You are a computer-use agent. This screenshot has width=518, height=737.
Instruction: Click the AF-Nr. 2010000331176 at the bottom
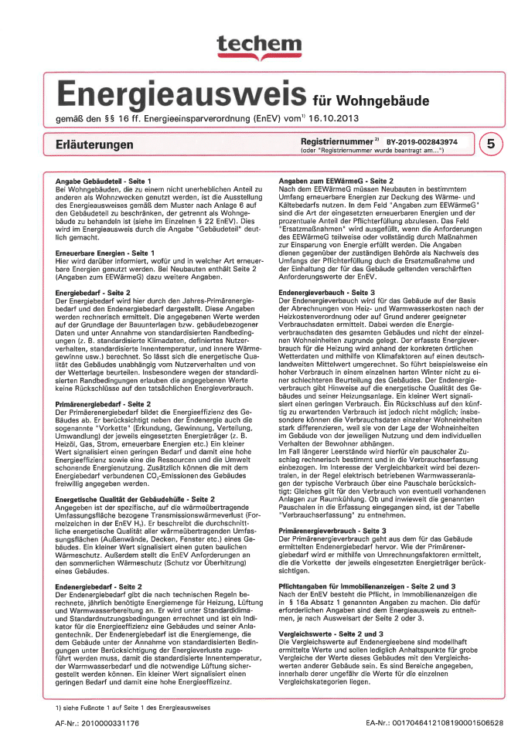pos(97,722)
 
